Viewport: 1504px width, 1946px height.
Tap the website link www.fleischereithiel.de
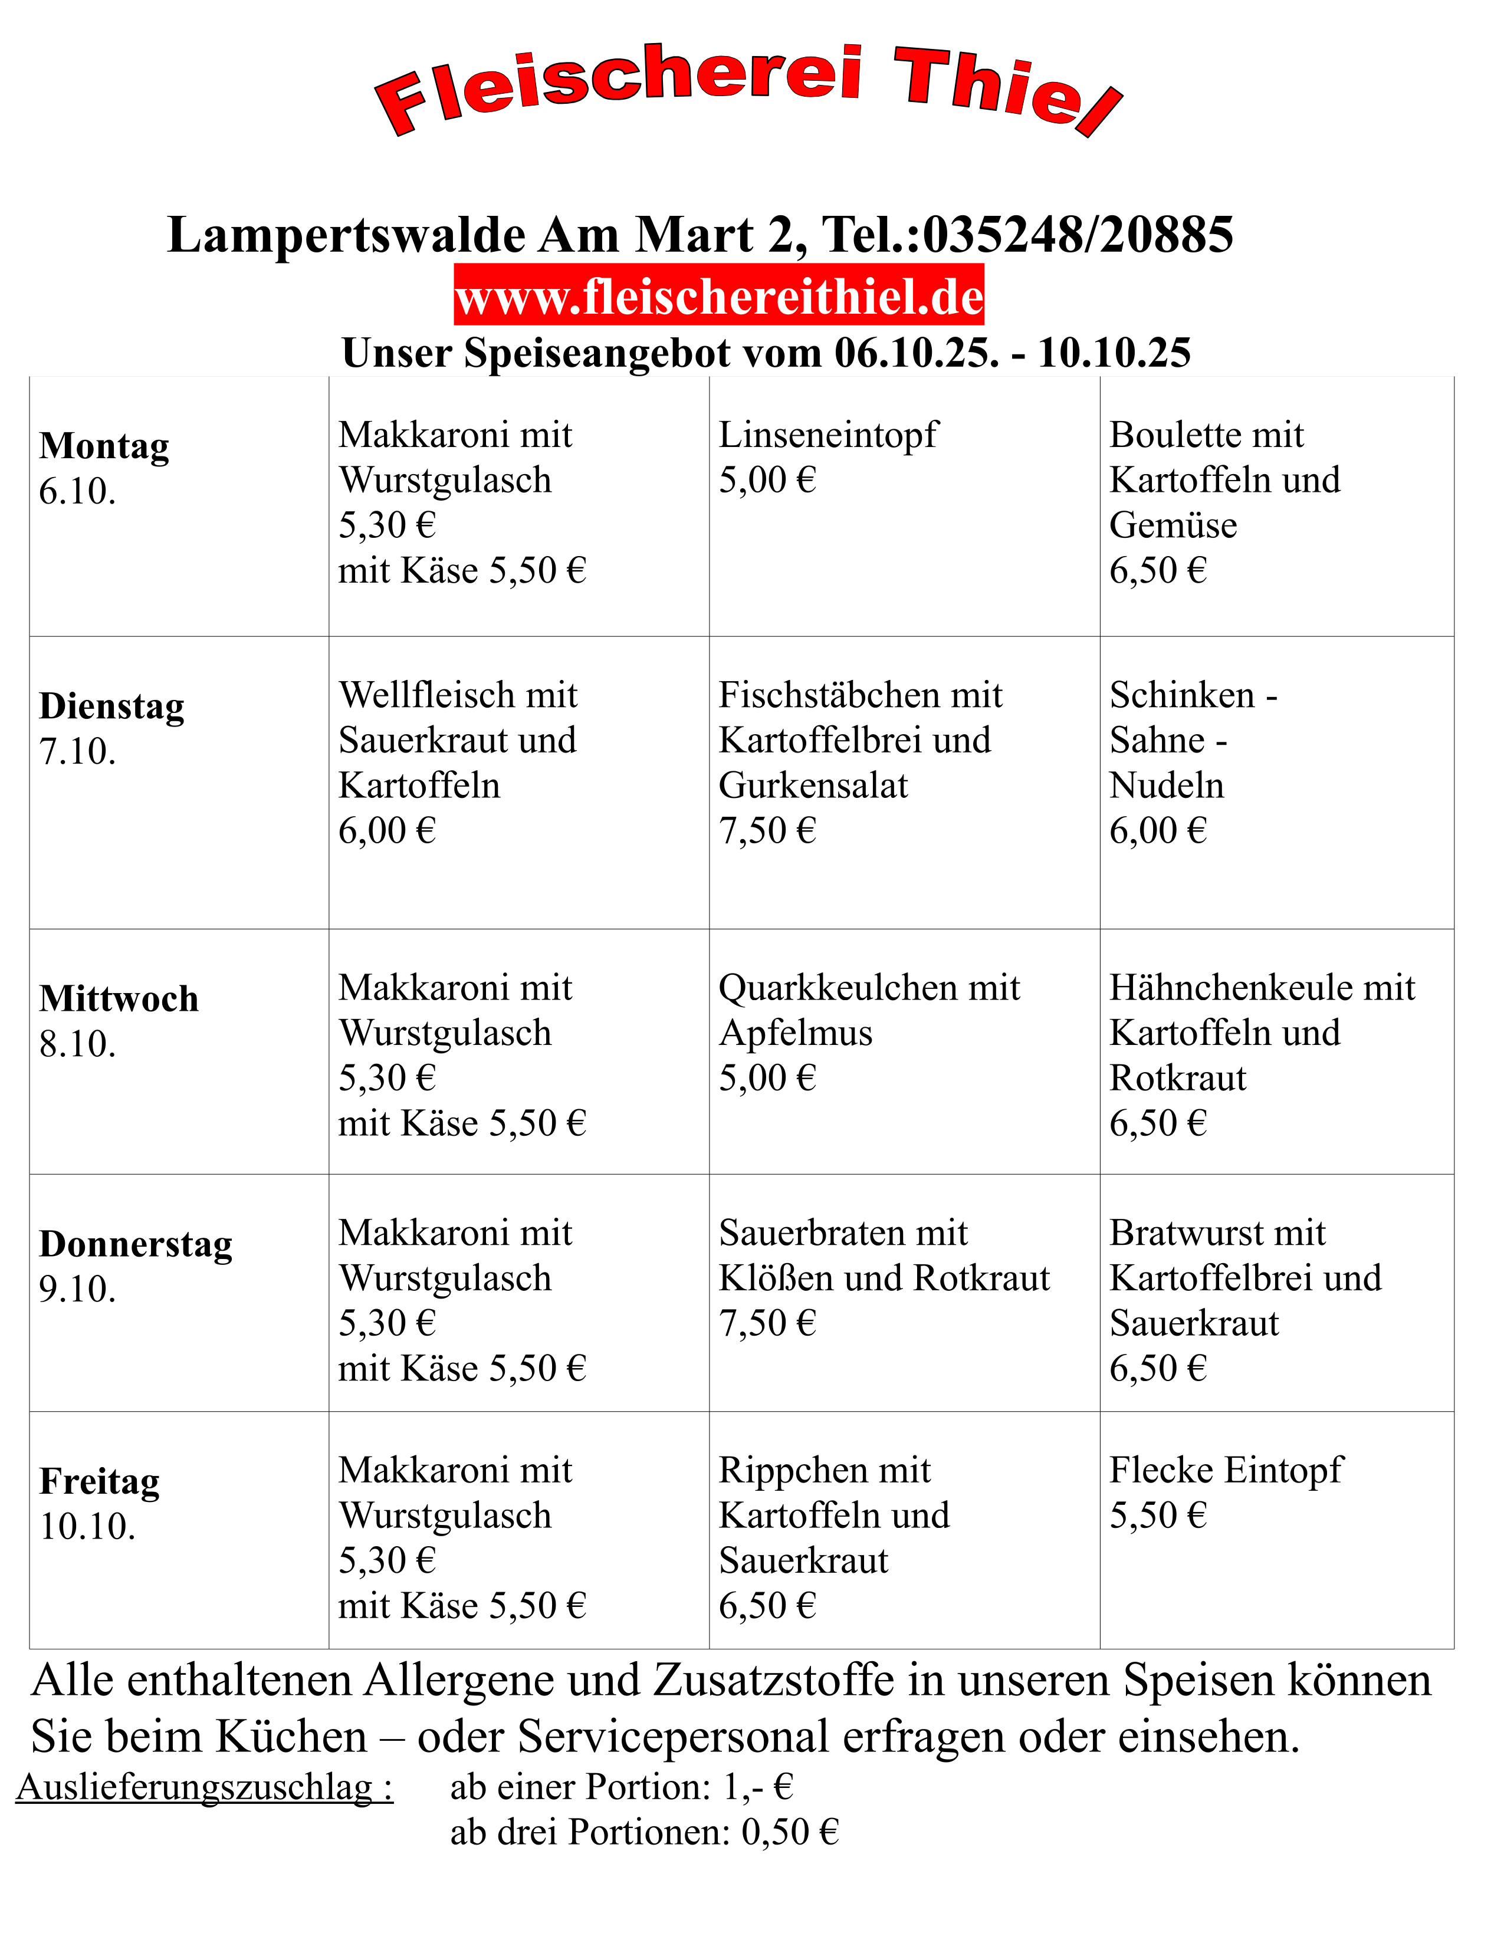tap(718, 297)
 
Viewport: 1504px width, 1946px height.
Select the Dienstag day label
tap(112, 706)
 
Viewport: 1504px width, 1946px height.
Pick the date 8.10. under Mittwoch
tap(77, 1044)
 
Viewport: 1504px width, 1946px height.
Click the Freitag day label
tap(100, 1482)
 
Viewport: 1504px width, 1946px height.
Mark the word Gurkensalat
tap(813, 786)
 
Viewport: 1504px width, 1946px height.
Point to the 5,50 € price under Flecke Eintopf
tap(1157, 1516)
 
